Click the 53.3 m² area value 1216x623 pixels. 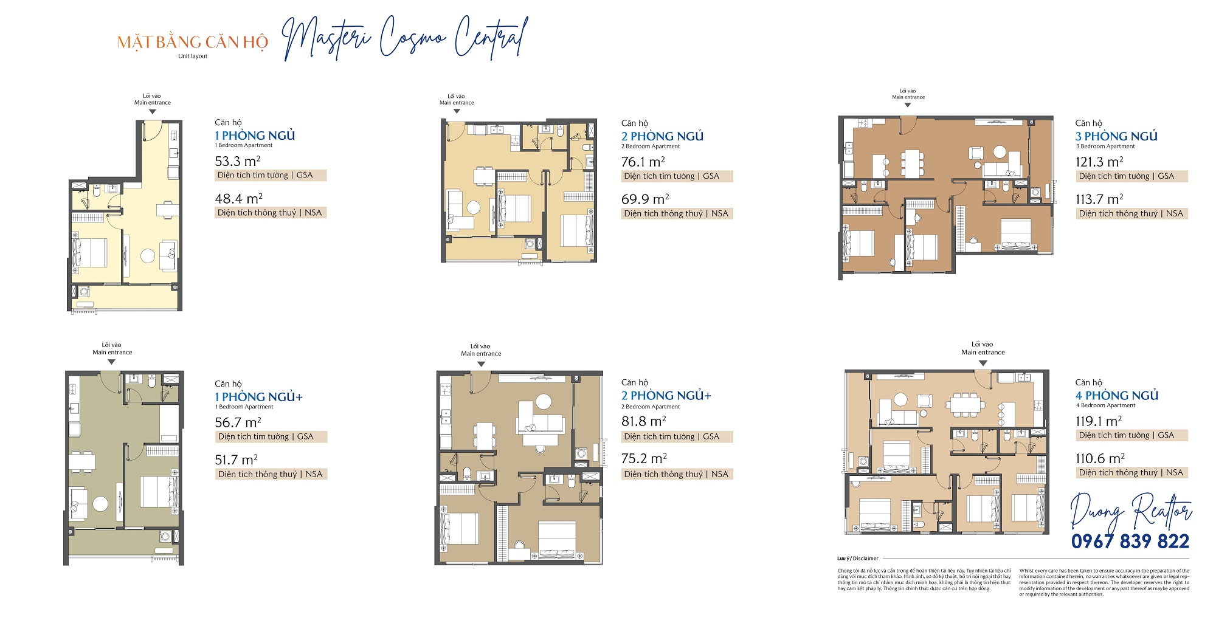coord(237,162)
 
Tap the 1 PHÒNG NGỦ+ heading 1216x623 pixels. coord(258,397)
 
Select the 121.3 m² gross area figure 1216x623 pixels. coord(1099,162)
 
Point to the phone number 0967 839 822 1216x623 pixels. coord(1130,541)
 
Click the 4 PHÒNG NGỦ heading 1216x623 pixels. coord(1116,396)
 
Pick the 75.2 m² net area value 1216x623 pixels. coord(644,459)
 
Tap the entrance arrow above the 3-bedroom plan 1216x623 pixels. coord(908,105)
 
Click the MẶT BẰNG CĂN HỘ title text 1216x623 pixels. coord(192,43)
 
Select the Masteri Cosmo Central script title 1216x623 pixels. coord(404,38)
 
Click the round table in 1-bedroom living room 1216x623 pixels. coord(148,256)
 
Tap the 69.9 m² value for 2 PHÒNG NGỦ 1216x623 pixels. coord(644,199)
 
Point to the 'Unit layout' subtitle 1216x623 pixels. coord(193,57)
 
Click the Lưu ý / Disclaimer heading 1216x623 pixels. coord(857,559)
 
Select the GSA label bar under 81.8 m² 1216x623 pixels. coord(676,437)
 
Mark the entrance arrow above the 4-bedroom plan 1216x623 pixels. coord(983,363)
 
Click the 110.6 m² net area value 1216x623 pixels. coord(1099,459)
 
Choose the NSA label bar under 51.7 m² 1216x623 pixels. coord(271,475)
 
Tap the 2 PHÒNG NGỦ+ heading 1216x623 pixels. coord(666,396)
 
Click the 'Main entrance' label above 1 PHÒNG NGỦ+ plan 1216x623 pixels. coord(112,353)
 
